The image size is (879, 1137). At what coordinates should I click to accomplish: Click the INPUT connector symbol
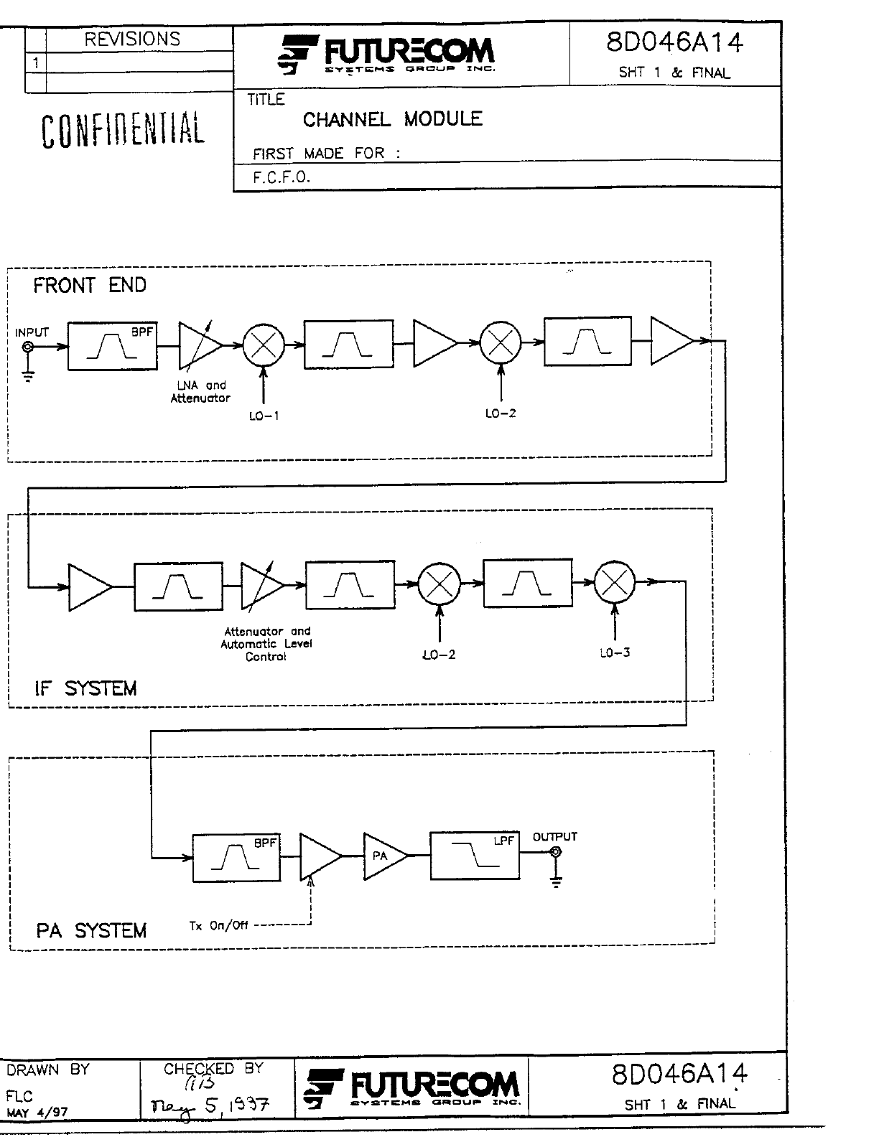[x=28, y=347]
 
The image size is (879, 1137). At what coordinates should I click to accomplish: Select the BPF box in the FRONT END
[x=112, y=346]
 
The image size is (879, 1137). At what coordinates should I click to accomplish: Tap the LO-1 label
[x=264, y=416]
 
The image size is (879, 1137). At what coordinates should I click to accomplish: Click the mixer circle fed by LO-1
[x=264, y=345]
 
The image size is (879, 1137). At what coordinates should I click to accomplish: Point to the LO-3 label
[x=615, y=652]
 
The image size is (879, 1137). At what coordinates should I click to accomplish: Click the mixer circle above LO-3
[x=615, y=582]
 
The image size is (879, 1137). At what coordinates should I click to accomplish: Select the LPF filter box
[x=474, y=855]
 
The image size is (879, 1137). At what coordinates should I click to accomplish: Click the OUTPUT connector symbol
[x=555, y=853]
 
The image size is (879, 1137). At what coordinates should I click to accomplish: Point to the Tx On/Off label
[x=218, y=926]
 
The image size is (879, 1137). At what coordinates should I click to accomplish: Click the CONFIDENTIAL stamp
[x=122, y=130]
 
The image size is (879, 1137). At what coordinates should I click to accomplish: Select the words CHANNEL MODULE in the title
[x=392, y=119]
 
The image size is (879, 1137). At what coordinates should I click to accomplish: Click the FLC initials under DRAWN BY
[x=19, y=1097]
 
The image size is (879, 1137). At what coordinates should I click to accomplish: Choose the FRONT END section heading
[x=90, y=286]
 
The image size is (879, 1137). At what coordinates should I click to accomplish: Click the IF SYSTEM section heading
[x=85, y=689]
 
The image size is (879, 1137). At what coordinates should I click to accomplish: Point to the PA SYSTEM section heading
[x=91, y=931]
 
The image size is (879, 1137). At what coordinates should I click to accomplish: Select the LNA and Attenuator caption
[x=200, y=392]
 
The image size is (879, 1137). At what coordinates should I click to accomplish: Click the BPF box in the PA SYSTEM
[x=236, y=856]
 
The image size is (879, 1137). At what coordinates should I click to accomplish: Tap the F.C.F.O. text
[x=282, y=177]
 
